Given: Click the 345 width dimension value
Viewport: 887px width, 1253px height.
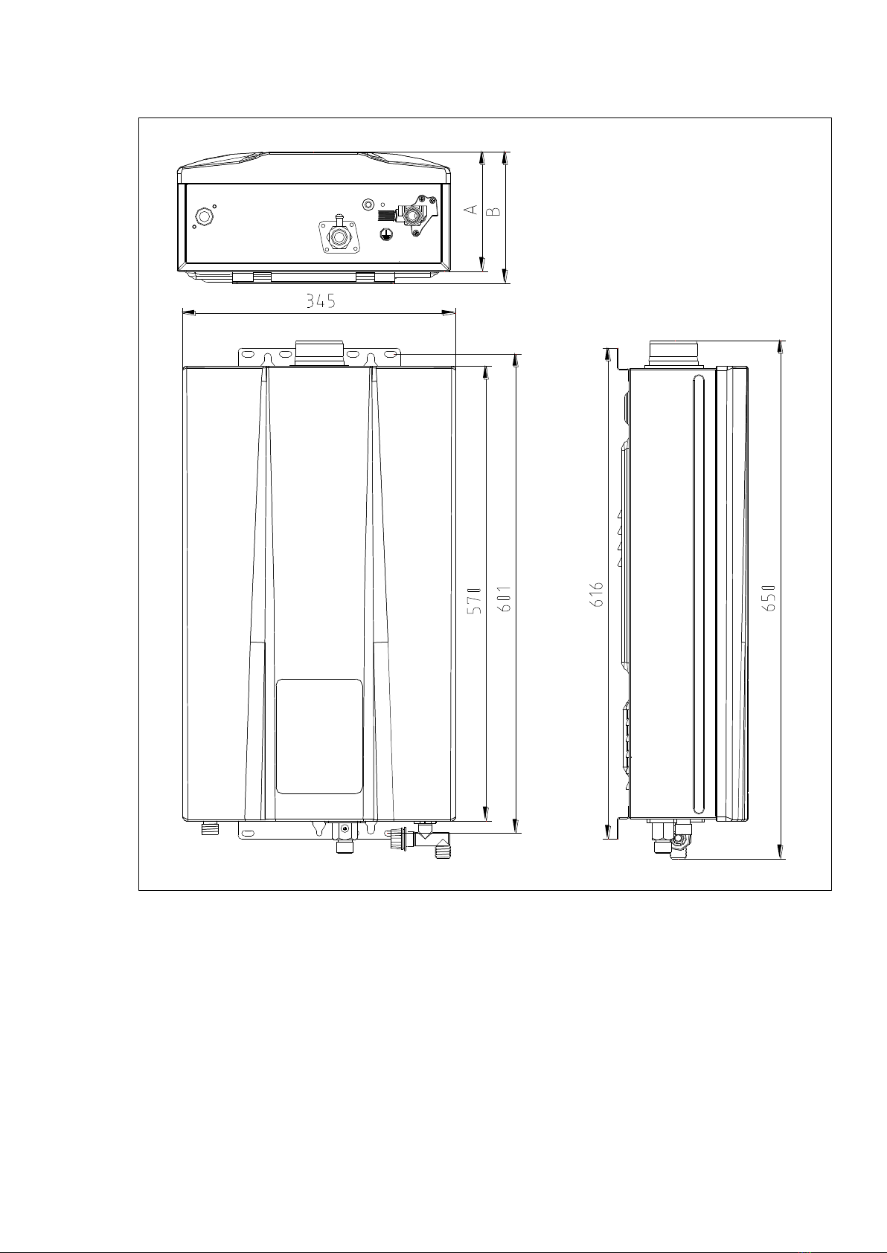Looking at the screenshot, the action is tap(320, 301).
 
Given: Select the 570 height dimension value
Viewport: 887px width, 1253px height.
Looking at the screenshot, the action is tap(475, 601).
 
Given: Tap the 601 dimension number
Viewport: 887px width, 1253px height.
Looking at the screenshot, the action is tap(505, 599).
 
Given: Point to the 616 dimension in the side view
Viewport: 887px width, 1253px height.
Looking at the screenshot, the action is tap(597, 595).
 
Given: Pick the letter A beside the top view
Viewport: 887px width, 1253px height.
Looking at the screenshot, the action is tap(472, 209).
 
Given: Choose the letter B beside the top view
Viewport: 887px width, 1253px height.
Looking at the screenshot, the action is tap(493, 212).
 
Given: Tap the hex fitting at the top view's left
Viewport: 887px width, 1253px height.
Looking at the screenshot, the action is tap(204, 216).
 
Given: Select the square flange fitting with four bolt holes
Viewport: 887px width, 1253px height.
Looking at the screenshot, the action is tap(338, 237).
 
